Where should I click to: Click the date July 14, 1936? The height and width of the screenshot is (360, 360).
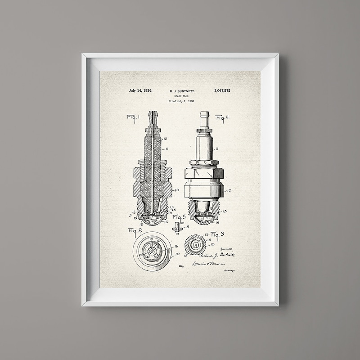[140, 90]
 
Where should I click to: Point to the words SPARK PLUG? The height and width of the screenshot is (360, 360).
[180, 96]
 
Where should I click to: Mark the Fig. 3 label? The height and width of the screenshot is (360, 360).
[217, 234]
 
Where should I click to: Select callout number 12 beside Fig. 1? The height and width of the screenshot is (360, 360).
[166, 139]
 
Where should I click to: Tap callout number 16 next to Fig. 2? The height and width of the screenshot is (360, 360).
[176, 246]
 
